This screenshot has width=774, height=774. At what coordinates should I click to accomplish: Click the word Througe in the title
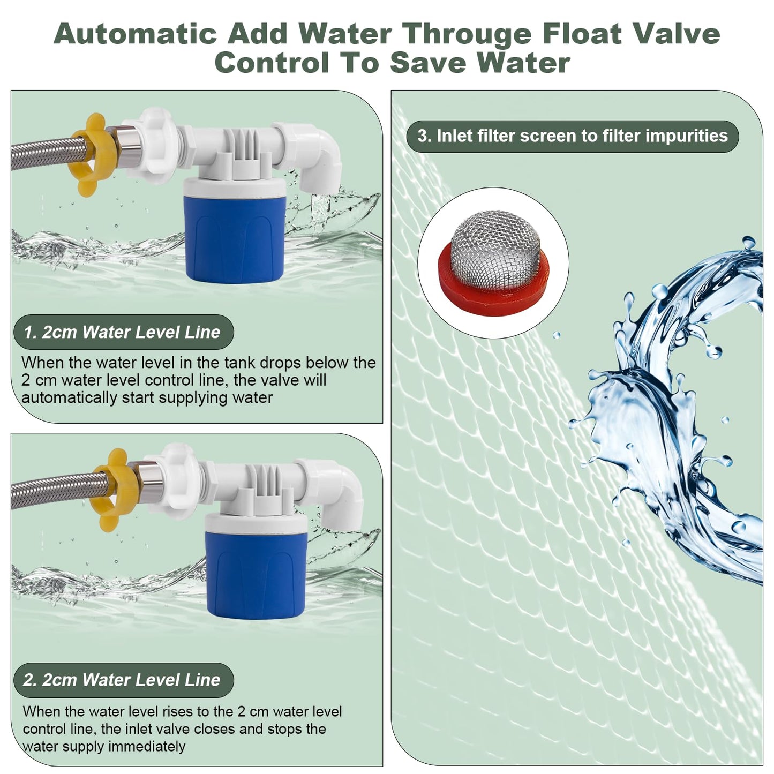[467, 34]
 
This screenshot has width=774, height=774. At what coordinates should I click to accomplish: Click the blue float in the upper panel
[235, 240]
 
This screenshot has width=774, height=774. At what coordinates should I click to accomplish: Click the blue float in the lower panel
[256, 575]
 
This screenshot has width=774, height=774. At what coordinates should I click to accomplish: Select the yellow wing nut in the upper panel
[92, 155]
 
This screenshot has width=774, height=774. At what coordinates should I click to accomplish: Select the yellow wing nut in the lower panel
[113, 490]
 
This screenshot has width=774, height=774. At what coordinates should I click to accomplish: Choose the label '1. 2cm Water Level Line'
[123, 332]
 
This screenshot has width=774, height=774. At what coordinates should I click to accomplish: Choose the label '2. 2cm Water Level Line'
[123, 680]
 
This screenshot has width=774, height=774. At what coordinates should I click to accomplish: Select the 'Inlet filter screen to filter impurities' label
[573, 136]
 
